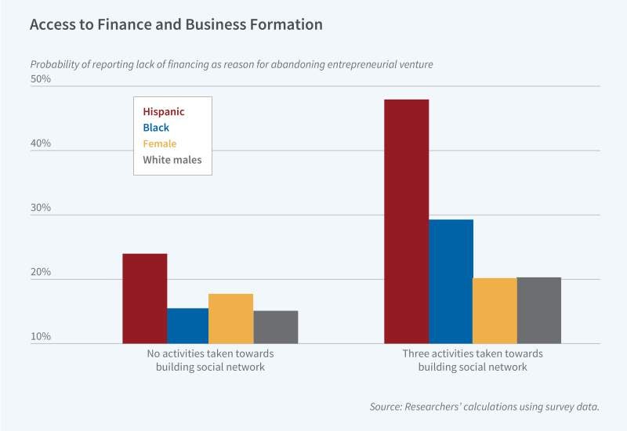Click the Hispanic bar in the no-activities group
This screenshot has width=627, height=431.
(145, 299)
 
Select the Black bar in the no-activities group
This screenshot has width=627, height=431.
(188, 326)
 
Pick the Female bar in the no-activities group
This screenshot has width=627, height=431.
(231, 319)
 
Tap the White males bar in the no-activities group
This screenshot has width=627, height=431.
(276, 328)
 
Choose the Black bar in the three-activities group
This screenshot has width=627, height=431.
(451, 281)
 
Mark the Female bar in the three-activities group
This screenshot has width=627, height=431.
(495, 311)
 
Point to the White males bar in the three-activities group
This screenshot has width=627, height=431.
(539, 310)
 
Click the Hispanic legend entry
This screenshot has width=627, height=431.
(164, 112)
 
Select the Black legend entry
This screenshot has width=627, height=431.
(156, 128)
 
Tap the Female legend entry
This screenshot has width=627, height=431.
(159, 143)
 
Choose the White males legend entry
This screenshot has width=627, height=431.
(172, 160)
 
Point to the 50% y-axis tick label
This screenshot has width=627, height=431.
(40, 79)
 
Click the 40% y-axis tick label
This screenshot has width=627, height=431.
(40, 143)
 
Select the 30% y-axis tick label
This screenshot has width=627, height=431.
(40, 208)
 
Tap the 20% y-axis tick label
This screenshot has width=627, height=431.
(40, 273)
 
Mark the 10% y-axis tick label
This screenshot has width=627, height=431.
(40, 337)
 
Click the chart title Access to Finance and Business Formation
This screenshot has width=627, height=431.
(176, 24)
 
